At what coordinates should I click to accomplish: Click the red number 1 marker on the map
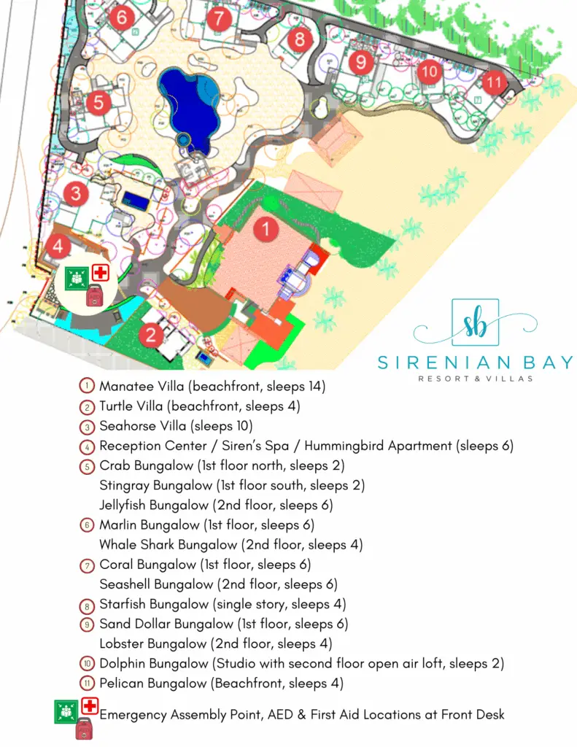pyautogui.click(x=266, y=230)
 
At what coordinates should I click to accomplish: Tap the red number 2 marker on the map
pyautogui.click(x=151, y=335)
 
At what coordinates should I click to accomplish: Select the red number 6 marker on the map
pyautogui.click(x=121, y=15)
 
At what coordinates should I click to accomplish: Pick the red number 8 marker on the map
pyautogui.click(x=299, y=39)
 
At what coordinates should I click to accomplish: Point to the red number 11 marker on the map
pyautogui.click(x=495, y=82)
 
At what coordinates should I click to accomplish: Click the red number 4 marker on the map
pyautogui.click(x=58, y=246)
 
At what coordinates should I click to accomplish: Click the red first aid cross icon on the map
pyautogui.click(x=99, y=274)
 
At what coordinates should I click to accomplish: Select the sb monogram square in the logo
pyautogui.click(x=475, y=324)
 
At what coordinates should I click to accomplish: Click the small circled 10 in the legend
pyautogui.click(x=87, y=664)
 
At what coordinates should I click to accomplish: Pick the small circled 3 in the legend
pyautogui.click(x=87, y=426)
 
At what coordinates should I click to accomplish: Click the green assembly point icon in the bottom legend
pyautogui.click(x=66, y=709)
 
